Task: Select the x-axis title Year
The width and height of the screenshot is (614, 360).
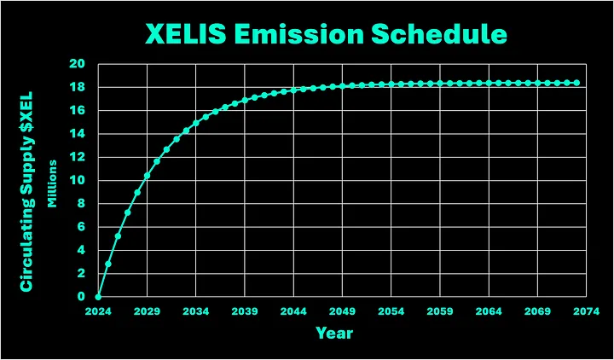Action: tap(333, 333)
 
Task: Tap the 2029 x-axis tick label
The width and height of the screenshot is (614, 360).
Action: tap(147, 312)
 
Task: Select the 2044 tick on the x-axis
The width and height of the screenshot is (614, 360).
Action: tap(293, 312)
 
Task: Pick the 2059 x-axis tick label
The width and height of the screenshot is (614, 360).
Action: tap(440, 312)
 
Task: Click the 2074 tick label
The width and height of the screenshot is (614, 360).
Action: tap(587, 312)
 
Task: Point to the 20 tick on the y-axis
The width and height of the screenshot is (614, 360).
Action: tap(78, 64)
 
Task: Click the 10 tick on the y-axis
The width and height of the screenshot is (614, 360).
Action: tap(78, 180)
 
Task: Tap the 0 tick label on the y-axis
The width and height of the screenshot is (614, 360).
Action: tap(81, 297)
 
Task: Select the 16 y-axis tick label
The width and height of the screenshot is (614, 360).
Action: tap(78, 110)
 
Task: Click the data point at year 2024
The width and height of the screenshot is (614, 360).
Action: tap(98, 297)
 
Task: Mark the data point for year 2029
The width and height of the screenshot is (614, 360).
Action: tap(147, 176)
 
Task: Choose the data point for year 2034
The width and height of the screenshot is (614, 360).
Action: tap(196, 123)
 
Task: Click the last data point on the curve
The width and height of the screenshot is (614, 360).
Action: tap(577, 83)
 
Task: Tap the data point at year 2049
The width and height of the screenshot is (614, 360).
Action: tap(343, 85)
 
